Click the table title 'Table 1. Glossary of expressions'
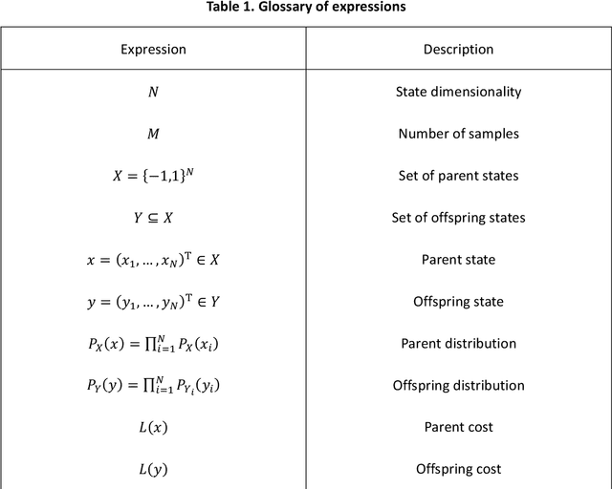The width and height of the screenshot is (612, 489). (x=305, y=8)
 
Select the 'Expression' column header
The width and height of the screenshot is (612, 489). (x=153, y=49)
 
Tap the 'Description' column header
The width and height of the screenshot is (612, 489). (x=458, y=49)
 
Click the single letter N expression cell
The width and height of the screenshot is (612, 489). (x=153, y=92)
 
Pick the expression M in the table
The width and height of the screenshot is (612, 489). (x=153, y=134)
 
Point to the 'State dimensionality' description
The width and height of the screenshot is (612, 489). (x=458, y=92)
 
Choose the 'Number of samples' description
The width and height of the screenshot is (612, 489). (x=458, y=134)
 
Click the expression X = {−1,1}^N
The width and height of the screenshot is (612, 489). (x=153, y=176)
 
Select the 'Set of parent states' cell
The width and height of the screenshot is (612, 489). (x=458, y=176)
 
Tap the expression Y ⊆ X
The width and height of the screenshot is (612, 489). (x=153, y=218)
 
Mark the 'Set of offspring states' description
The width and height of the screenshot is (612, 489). (x=458, y=218)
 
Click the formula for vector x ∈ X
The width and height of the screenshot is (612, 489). (x=153, y=260)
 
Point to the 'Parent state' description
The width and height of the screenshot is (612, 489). (x=458, y=260)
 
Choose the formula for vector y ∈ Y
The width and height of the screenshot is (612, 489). (x=153, y=302)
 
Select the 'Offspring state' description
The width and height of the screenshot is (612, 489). (x=458, y=302)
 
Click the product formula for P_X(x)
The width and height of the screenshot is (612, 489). (x=153, y=344)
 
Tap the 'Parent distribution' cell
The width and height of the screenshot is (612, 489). (x=458, y=344)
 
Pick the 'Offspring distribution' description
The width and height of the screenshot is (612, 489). (x=458, y=386)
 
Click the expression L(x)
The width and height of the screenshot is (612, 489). (x=153, y=428)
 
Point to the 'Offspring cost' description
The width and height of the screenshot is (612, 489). (x=458, y=469)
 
